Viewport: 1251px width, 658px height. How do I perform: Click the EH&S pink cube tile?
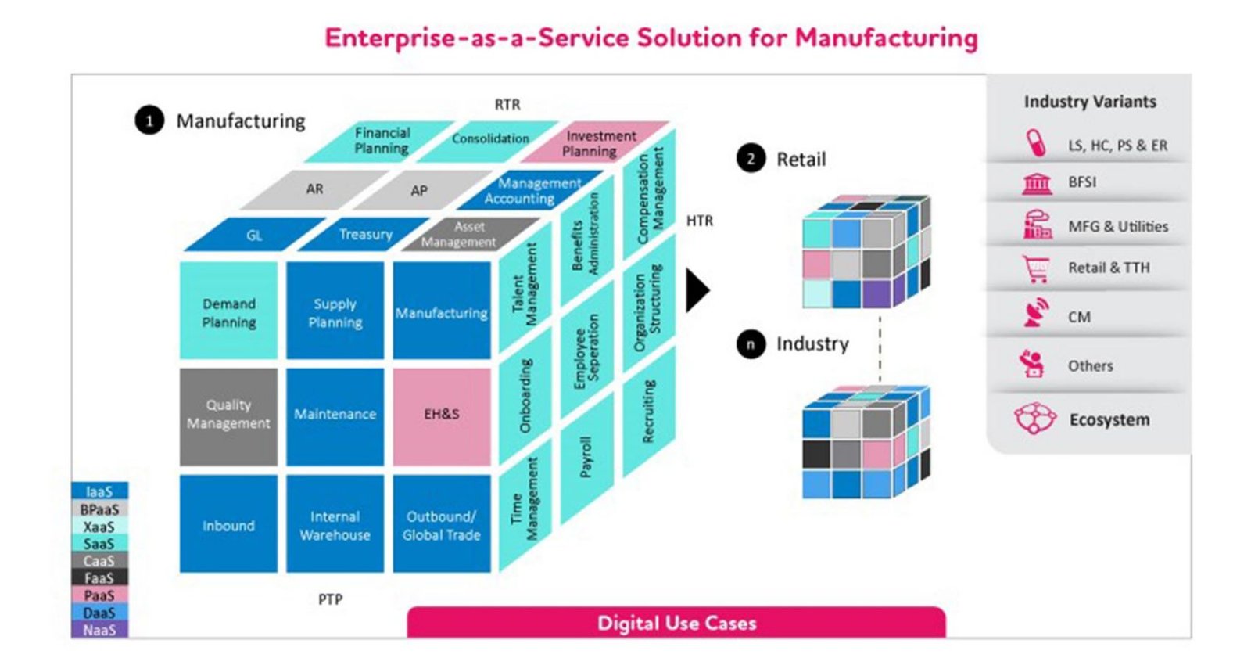tap(442, 415)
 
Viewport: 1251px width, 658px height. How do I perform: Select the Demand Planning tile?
tap(228, 311)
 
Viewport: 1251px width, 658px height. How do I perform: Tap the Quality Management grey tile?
tap(228, 415)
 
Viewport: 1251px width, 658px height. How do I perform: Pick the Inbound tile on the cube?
tap(228, 525)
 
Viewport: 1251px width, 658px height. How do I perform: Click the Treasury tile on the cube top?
tap(365, 234)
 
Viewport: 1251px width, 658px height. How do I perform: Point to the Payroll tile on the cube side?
tap(586, 457)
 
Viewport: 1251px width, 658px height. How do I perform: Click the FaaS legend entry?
tap(99, 578)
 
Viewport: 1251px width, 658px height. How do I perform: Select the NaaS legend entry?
tap(99, 630)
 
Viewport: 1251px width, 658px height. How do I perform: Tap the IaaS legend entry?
tap(99, 491)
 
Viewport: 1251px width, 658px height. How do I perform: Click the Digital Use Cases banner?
tap(676, 623)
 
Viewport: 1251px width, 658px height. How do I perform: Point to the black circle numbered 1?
tap(149, 120)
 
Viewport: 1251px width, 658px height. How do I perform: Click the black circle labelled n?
tap(751, 343)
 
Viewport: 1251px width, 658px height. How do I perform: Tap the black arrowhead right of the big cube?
tap(697, 290)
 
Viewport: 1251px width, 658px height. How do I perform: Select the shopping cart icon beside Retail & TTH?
tap(1036, 268)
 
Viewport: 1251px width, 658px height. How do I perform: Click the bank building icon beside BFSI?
tap(1037, 183)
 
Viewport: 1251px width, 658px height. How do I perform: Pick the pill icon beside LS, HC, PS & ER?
tap(1036, 144)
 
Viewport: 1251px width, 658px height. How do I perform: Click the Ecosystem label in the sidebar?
tap(1109, 420)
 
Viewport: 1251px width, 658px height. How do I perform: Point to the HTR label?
tap(700, 221)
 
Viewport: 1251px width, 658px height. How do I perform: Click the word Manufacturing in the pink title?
tap(887, 38)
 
